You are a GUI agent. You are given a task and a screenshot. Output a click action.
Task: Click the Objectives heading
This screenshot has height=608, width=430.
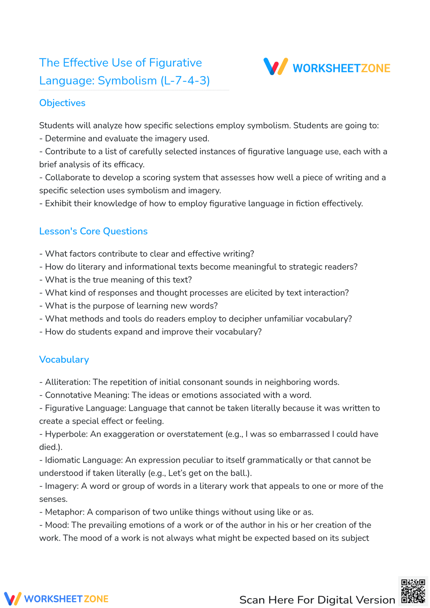coord(62,103)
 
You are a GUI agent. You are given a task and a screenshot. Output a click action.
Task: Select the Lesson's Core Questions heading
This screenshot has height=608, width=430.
coord(93,231)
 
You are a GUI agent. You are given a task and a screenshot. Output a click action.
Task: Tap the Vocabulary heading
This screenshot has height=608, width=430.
coord(64,359)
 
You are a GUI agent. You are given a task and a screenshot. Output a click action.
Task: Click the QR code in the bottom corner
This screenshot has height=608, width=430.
coord(413,591)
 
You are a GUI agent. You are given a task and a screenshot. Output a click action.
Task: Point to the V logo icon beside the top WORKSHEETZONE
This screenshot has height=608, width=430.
coord(276,67)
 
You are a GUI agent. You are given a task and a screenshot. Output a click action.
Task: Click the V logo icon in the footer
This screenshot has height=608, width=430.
coord(12,599)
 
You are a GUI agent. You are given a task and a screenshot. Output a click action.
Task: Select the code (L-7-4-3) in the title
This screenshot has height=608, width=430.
coord(185,81)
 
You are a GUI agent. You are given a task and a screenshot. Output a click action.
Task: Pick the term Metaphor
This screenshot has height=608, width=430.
coord(65,512)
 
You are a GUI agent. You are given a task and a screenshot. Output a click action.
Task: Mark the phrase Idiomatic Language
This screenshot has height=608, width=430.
coord(83,460)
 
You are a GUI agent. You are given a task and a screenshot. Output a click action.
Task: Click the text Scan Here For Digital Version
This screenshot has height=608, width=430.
coord(317,600)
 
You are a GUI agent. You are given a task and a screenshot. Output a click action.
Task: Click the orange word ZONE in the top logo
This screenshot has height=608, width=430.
coord(375,68)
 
